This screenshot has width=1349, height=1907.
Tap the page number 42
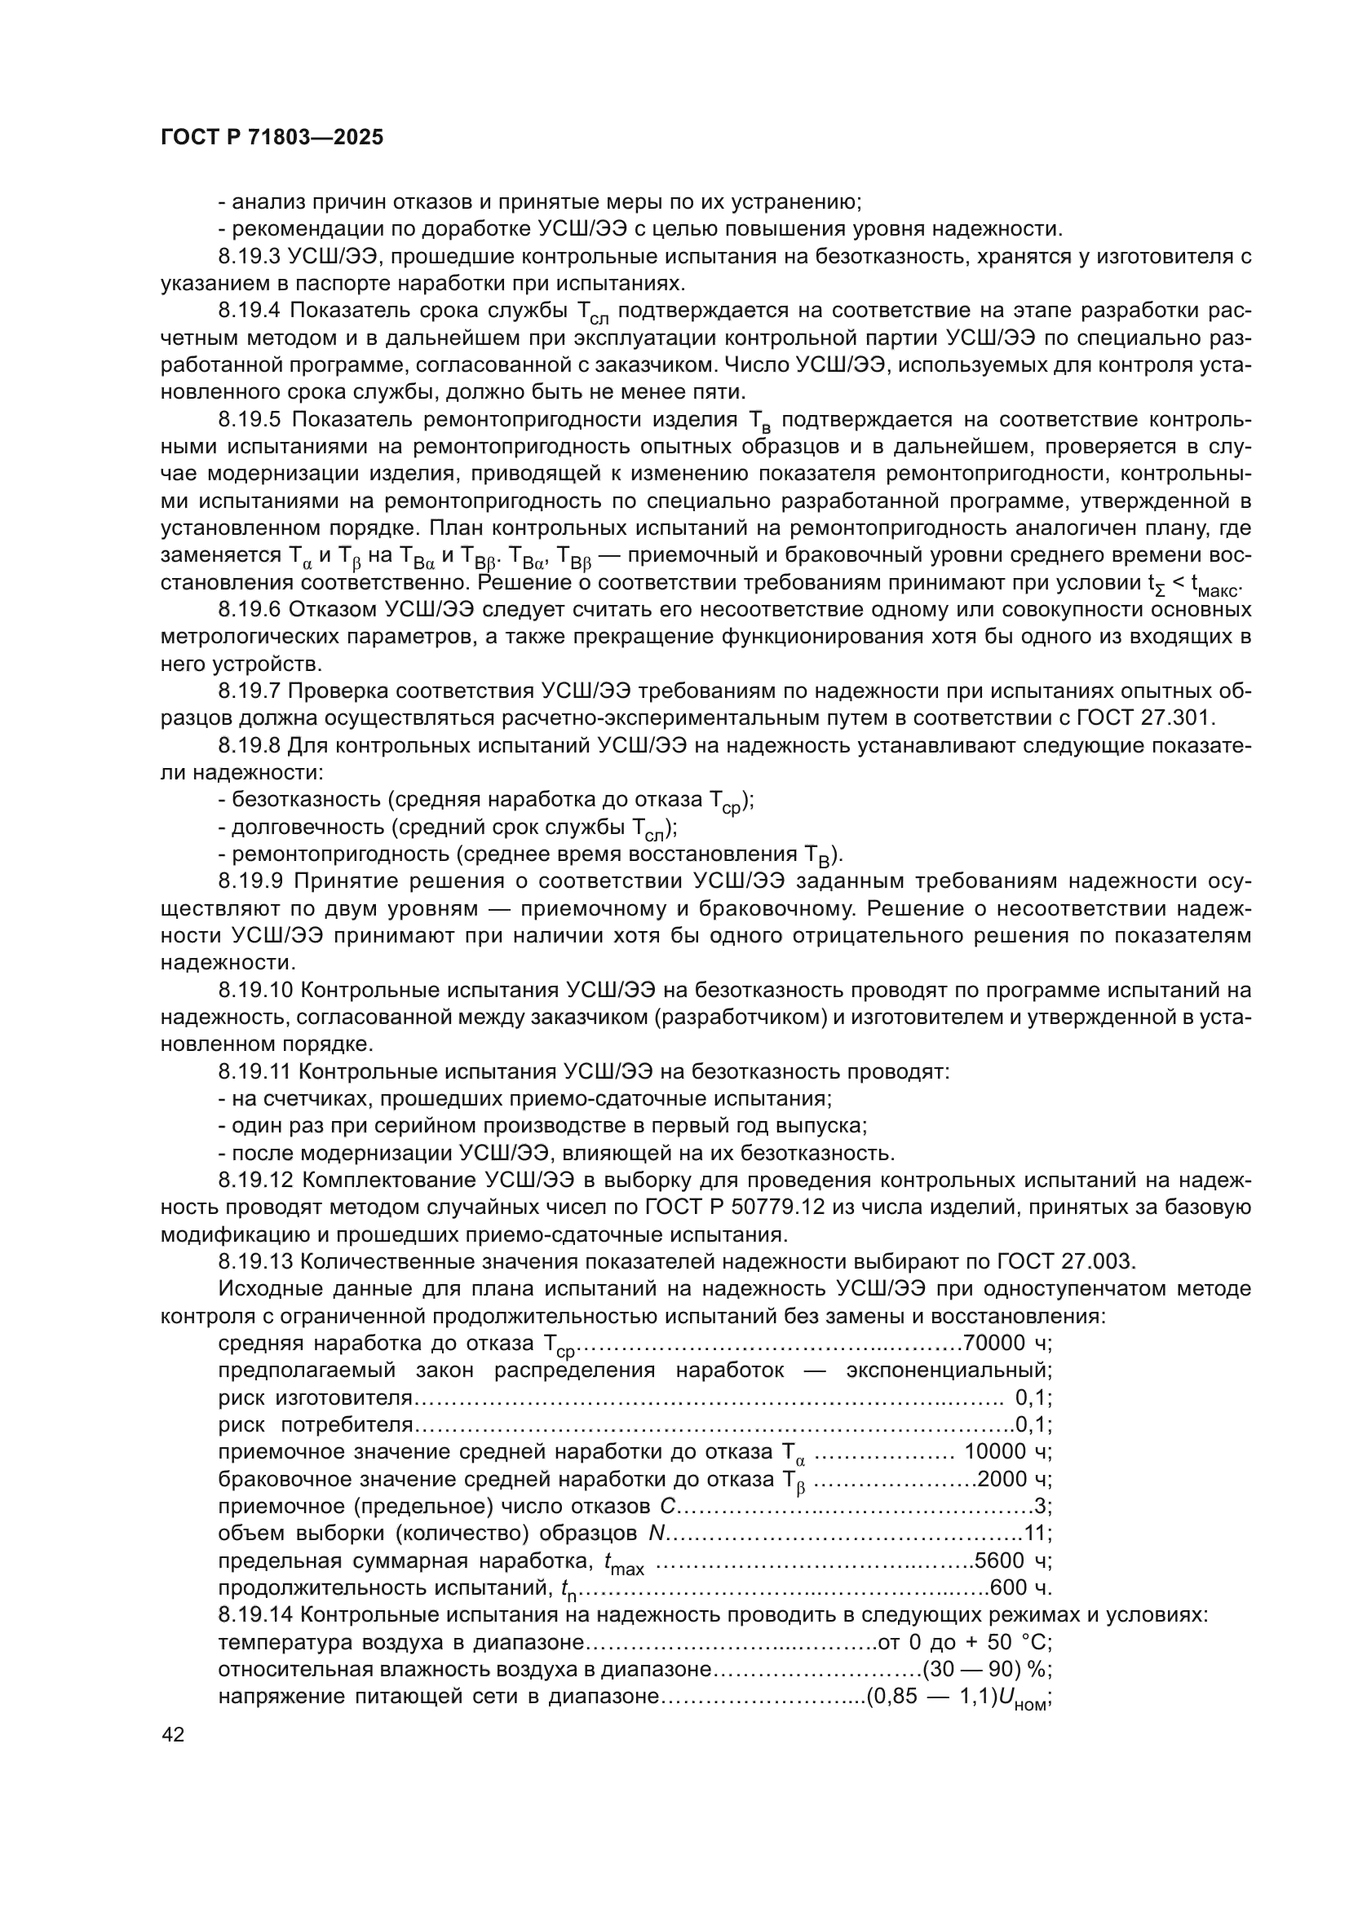tap(174, 1733)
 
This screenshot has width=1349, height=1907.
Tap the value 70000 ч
tap(1005, 1343)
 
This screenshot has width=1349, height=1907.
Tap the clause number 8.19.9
tap(250, 881)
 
